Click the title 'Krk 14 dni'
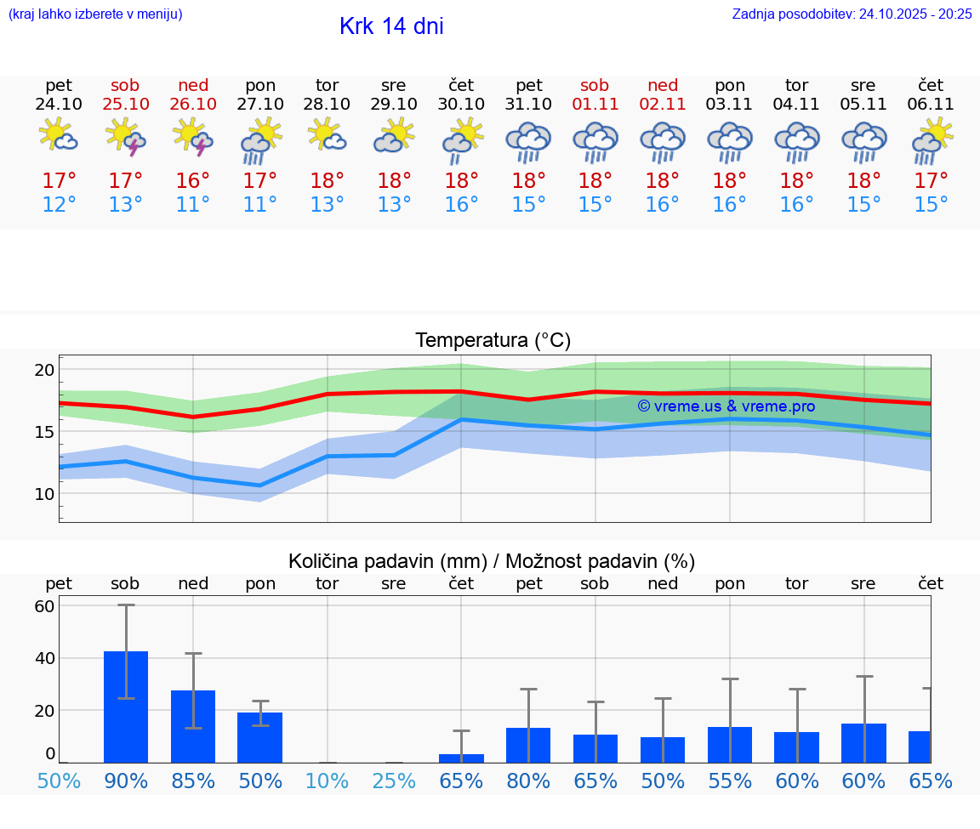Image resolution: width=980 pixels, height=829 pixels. coord(391,26)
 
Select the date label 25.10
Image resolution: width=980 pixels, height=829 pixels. coord(125,104)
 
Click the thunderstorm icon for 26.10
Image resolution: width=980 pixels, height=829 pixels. coord(192,137)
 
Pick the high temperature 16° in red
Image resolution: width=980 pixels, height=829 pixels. coord(192,181)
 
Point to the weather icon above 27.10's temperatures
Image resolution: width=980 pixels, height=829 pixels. coord(260,139)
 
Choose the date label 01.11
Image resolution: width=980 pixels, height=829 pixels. coord(595,104)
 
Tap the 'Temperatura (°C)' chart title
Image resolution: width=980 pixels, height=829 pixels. coord(493,340)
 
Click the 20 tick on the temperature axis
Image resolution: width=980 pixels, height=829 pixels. coord(44,370)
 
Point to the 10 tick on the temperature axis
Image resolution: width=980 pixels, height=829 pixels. coord(44,494)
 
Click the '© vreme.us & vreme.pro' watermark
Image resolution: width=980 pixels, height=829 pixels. coord(726,406)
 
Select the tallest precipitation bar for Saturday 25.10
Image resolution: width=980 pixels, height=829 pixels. coord(126,706)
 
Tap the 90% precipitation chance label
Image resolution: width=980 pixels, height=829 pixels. coord(126,781)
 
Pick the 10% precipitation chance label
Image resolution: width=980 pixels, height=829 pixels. coord(328,781)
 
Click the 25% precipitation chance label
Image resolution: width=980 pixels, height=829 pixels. coord(394,781)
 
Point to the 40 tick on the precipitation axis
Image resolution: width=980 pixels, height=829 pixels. coord(44,658)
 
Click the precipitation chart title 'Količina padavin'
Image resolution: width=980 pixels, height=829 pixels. coord(492,561)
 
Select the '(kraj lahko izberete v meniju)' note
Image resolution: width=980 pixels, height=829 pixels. coord(95,14)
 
